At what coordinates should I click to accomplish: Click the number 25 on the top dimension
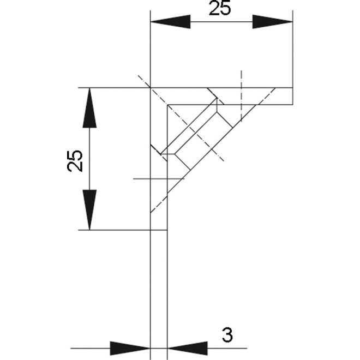(220, 9)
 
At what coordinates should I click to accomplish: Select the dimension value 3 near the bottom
(226, 335)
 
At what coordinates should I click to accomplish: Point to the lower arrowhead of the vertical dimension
(90, 209)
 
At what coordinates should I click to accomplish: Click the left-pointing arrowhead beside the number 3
(187, 347)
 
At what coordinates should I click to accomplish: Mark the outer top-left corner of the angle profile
(150, 87)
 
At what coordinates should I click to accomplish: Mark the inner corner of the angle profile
(167, 104)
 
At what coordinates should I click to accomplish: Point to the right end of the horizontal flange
(293, 95)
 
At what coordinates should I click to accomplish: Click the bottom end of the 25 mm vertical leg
(158, 230)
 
